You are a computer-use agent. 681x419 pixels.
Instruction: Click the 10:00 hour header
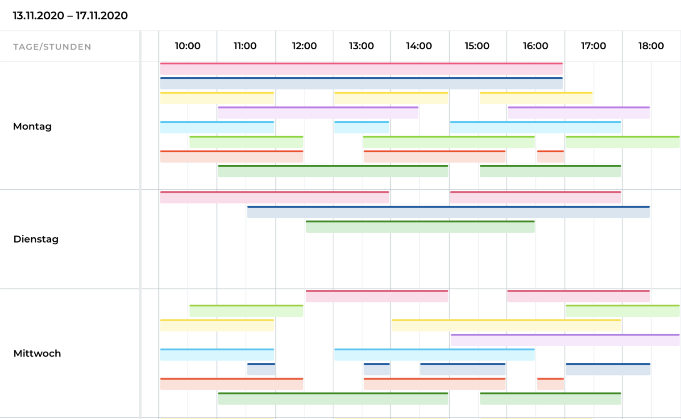click(187, 46)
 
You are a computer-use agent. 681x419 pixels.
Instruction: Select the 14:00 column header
click(419, 46)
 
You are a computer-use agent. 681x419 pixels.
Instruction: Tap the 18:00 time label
click(651, 46)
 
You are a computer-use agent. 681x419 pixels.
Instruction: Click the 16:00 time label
click(535, 46)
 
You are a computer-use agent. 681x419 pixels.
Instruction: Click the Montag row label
click(32, 126)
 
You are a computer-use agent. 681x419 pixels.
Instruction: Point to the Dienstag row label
click(36, 239)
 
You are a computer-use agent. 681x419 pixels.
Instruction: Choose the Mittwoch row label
click(37, 353)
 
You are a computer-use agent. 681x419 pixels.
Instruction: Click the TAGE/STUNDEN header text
click(52, 47)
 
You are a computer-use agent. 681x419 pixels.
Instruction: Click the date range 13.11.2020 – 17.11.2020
click(70, 16)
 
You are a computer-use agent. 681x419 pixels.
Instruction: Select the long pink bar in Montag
click(361, 69)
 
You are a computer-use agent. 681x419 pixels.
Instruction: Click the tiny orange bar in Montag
click(550, 156)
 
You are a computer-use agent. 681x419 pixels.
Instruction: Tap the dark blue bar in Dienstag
click(448, 212)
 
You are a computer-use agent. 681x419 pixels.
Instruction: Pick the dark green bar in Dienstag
click(419, 226)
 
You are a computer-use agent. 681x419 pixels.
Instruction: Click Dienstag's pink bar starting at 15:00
click(535, 197)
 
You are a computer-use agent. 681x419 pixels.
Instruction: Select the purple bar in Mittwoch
click(565, 340)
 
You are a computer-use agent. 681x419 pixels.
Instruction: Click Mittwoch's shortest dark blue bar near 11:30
click(261, 369)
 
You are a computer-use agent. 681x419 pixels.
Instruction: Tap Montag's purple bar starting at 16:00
click(578, 113)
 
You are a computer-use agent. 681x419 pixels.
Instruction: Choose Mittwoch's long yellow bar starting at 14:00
click(506, 325)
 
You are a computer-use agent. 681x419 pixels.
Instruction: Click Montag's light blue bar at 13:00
click(361, 127)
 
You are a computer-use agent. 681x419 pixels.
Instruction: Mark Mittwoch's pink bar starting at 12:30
click(377, 296)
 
